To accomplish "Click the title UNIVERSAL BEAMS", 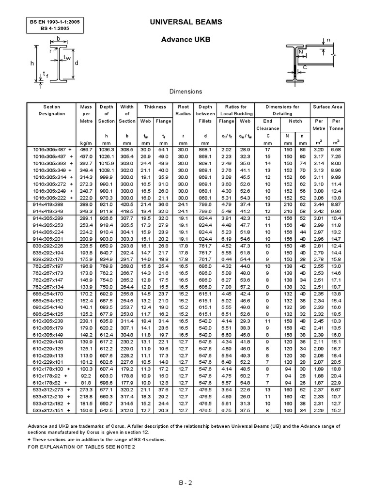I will (186, 22).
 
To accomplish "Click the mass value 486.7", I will (86, 150).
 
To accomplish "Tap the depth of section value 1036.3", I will (107, 150).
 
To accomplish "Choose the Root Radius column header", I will (183, 110).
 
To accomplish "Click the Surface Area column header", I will (328, 107).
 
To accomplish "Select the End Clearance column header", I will (268, 124).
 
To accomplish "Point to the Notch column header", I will (295, 121).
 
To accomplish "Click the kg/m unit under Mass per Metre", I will (86, 143).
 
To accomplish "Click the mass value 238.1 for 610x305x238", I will (86, 321).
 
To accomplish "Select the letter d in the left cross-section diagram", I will (76, 62).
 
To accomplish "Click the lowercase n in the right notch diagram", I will (327, 40).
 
